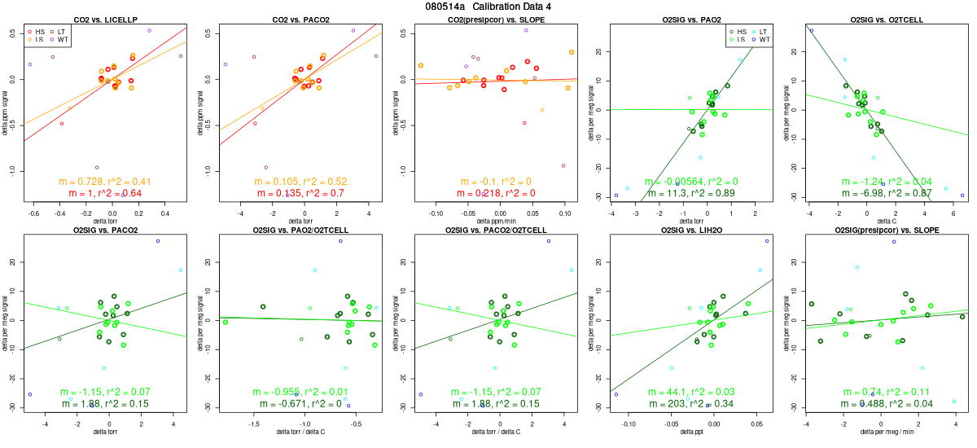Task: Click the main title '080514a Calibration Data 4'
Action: (488, 7)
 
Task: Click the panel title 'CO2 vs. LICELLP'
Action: (106, 19)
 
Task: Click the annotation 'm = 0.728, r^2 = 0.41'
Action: (106, 181)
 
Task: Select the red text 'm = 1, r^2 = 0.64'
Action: (106, 192)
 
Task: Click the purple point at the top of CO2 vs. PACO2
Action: (353, 30)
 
